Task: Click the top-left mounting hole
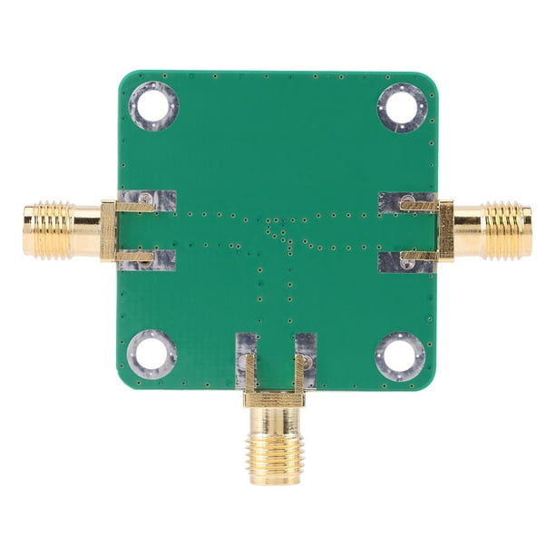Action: coord(153,106)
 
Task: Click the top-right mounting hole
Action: coord(402,106)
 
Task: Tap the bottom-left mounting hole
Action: coord(151,354)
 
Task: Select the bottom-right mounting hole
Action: coord(400,355)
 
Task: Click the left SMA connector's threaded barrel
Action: coord(50,230)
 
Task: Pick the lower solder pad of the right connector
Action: coord(393,262)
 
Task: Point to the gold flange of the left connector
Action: coord(109,230)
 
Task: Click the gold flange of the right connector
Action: coord(445,230)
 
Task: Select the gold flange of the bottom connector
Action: coord(275,398)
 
